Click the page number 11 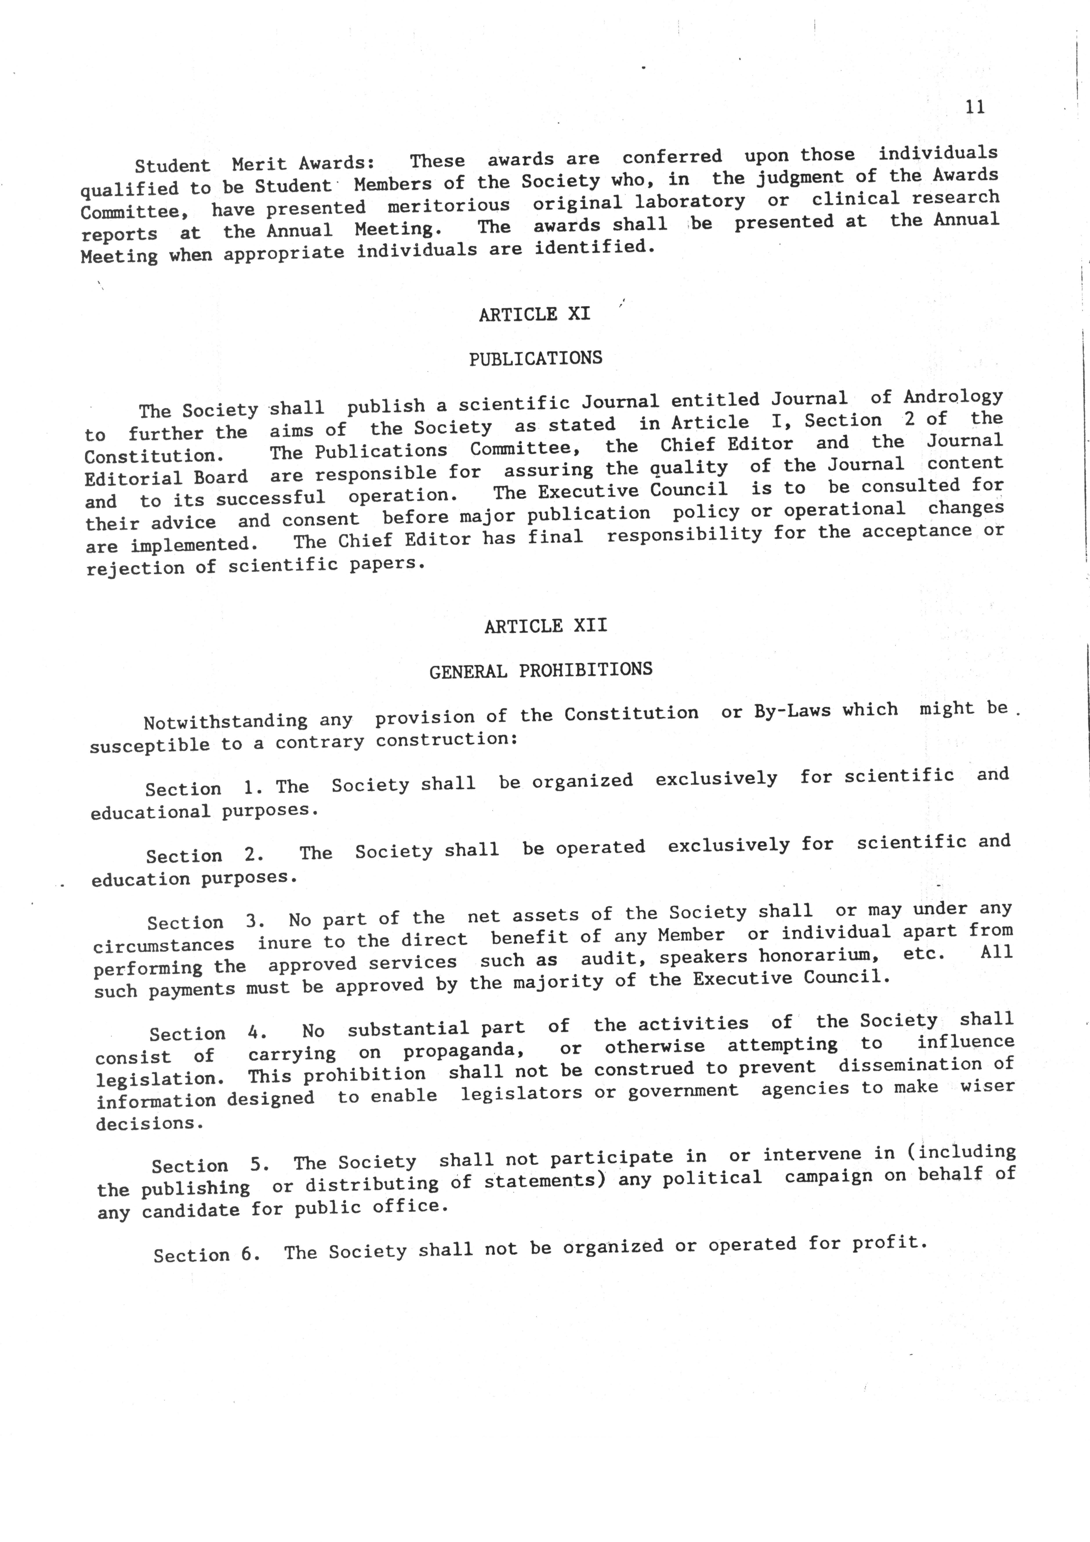(x=974, y=107)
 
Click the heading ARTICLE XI (x=535, y=314)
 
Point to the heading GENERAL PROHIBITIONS (x=541, y=670)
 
